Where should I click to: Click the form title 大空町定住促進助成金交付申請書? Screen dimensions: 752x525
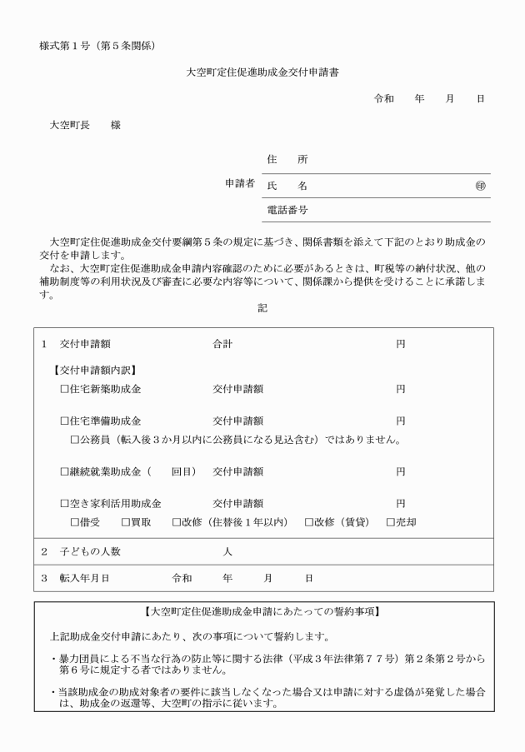262,72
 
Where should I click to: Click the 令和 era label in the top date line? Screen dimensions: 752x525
383,99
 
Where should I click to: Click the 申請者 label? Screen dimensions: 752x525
240,184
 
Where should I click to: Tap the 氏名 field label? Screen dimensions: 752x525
287,186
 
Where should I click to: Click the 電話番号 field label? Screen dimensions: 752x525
287,210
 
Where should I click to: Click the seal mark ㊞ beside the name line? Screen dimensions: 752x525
480,186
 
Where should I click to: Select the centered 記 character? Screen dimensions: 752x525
262,307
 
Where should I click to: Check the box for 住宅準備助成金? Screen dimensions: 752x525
65,421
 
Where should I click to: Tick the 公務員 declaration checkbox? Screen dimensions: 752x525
75,440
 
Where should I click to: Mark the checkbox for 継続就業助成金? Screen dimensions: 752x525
65,472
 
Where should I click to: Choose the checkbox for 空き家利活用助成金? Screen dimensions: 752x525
65,504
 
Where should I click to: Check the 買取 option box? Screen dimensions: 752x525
125,523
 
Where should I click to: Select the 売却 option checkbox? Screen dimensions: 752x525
390,523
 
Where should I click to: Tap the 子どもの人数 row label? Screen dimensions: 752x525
92,552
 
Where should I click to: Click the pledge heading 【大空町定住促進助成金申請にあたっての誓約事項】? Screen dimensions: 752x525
262,613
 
